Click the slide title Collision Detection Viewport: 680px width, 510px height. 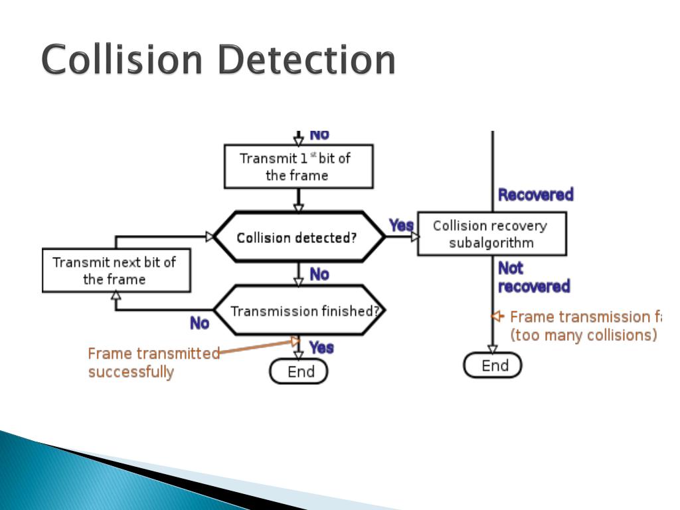(218, 60)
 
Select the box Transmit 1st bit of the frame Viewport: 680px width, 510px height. (298, 167)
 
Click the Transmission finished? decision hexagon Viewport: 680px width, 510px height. (300, 311)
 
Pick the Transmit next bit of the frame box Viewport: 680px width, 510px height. (116, 270)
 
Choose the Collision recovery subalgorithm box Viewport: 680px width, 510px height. (491, 234)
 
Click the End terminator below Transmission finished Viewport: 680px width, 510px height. (299, 372)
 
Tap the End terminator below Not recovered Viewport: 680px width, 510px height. (492, 365)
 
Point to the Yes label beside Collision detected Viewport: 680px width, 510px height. (400, 225)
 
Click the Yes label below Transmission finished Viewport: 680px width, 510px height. (321, 347)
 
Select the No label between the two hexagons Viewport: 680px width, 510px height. (319, 274)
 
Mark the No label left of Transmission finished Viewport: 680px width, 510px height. (199, 323)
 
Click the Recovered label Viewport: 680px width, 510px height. (535, 195)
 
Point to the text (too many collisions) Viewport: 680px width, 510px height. (583, 335)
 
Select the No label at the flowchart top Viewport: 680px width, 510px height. (319, 135)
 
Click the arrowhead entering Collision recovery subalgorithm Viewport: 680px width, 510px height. (415, 236)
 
